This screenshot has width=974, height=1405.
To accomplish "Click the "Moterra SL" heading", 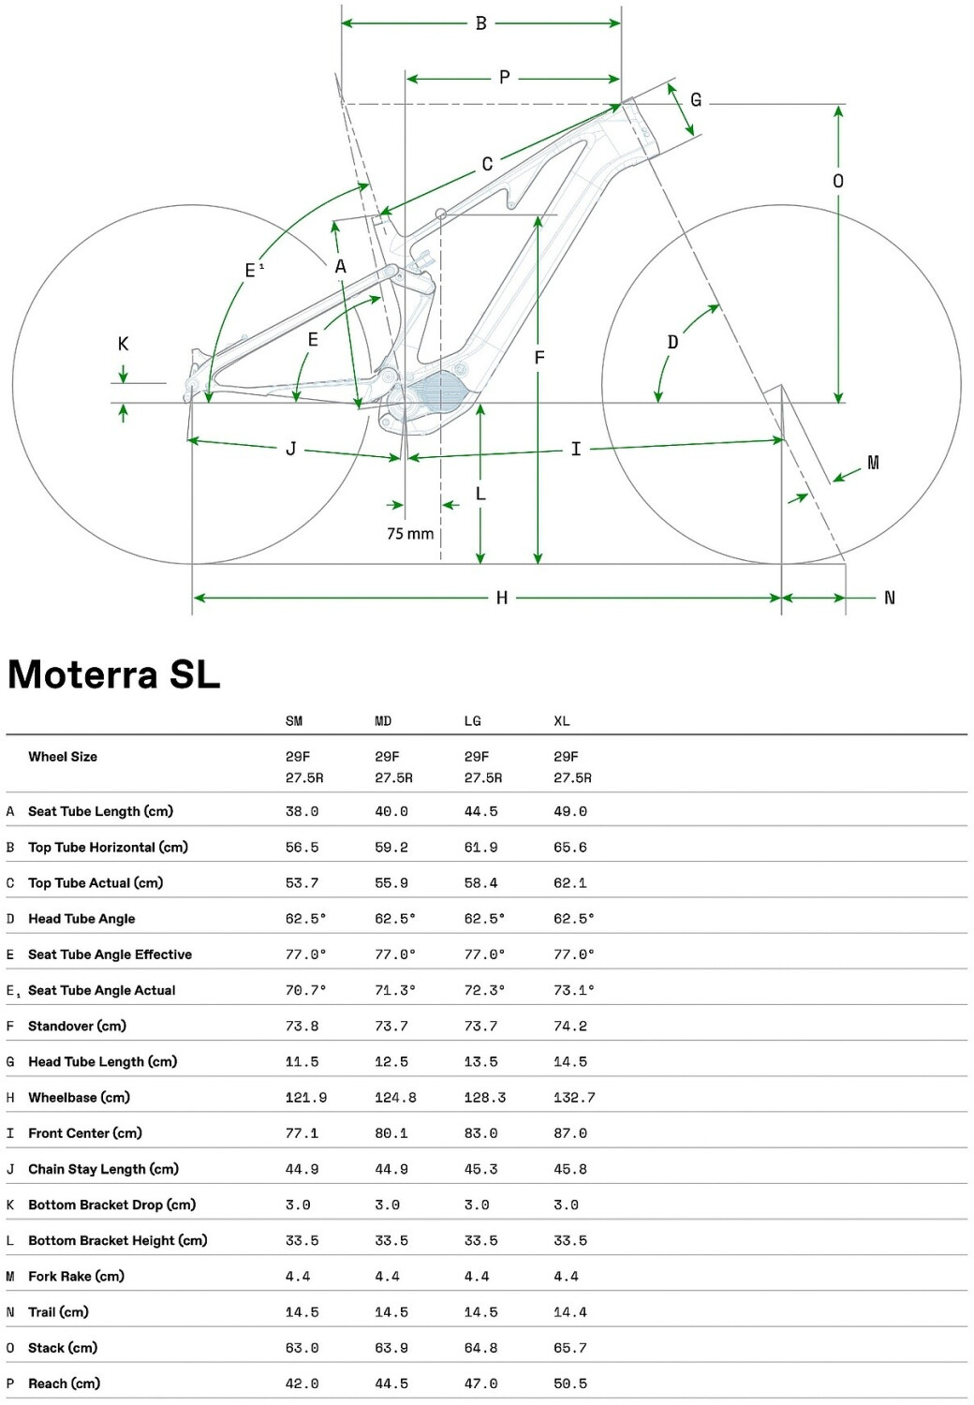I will point(114,674).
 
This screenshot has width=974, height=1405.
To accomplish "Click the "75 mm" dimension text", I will point(410,534).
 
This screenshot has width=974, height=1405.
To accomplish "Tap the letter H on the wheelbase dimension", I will point(502,598).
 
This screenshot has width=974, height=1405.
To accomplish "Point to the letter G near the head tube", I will point(696,100).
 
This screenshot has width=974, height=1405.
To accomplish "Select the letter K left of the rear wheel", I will point(123,344).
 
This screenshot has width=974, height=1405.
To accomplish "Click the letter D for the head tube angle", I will point(672,343).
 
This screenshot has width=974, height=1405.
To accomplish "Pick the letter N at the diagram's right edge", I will point(890,598).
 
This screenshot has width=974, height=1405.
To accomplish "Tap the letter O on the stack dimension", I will point(838,181).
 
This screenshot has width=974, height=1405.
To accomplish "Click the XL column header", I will point(562,721).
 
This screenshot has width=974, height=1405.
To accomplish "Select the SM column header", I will point(294,721).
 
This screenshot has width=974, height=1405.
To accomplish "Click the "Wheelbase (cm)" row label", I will point(79,1097).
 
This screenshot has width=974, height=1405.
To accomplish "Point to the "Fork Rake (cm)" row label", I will point(76,1276).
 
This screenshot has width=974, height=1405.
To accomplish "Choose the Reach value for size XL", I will point(570,1383).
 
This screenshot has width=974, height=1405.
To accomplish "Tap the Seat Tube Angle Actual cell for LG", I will point(484,990).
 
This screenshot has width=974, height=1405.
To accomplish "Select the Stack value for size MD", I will point(391,1348).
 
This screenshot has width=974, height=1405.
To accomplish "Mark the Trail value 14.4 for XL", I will point(570,1312).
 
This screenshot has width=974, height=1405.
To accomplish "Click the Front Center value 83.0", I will point(480,1133).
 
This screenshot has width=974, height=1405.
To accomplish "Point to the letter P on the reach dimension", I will point(505,78).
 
